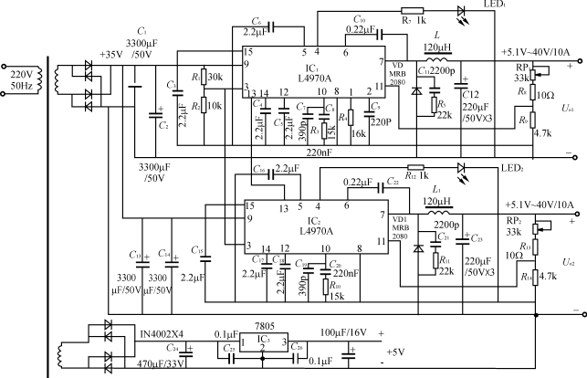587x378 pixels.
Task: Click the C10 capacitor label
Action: pyautogui.click(x=359, y=20)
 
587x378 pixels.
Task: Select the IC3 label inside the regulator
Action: pyautogui.click(x=261, y=341)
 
